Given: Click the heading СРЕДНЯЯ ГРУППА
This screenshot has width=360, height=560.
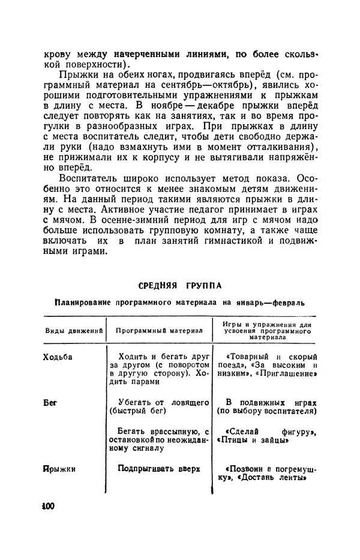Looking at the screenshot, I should pos(180,285).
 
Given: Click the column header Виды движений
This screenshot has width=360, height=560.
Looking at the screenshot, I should pos(74,331).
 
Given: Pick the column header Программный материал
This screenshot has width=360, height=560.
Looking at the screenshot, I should pos(159,331).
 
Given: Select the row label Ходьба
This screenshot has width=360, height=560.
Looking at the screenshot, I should pos(58,356).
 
